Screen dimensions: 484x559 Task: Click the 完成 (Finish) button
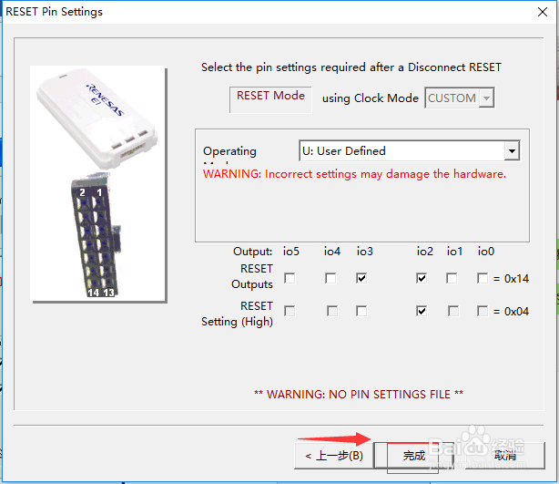pos(415,455)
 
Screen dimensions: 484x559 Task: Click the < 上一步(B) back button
pos(333,455)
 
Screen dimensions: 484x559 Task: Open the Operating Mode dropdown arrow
pos(512,150)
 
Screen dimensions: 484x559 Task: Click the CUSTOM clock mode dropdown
pos(460,98)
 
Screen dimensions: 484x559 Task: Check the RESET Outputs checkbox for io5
pos(290,278)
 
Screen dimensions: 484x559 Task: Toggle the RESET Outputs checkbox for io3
pos(362,278)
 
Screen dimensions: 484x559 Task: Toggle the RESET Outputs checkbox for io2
pos(422,278)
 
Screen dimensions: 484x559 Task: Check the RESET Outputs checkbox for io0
pos(483,278)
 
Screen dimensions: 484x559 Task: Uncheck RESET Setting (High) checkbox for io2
pos(422,311)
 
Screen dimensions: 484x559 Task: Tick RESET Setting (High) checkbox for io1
pos(453,311)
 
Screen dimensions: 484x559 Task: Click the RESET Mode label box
pos(270,97)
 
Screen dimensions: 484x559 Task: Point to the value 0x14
pos(516,279)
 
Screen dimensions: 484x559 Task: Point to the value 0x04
pos(516,312)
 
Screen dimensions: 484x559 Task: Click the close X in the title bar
pos(541,12)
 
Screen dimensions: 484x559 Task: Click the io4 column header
pos(332,252)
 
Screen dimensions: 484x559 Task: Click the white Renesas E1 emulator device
pos(100,118)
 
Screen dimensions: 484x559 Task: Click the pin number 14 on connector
pos(93,293)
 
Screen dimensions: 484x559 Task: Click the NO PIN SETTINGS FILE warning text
pos(359,394)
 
